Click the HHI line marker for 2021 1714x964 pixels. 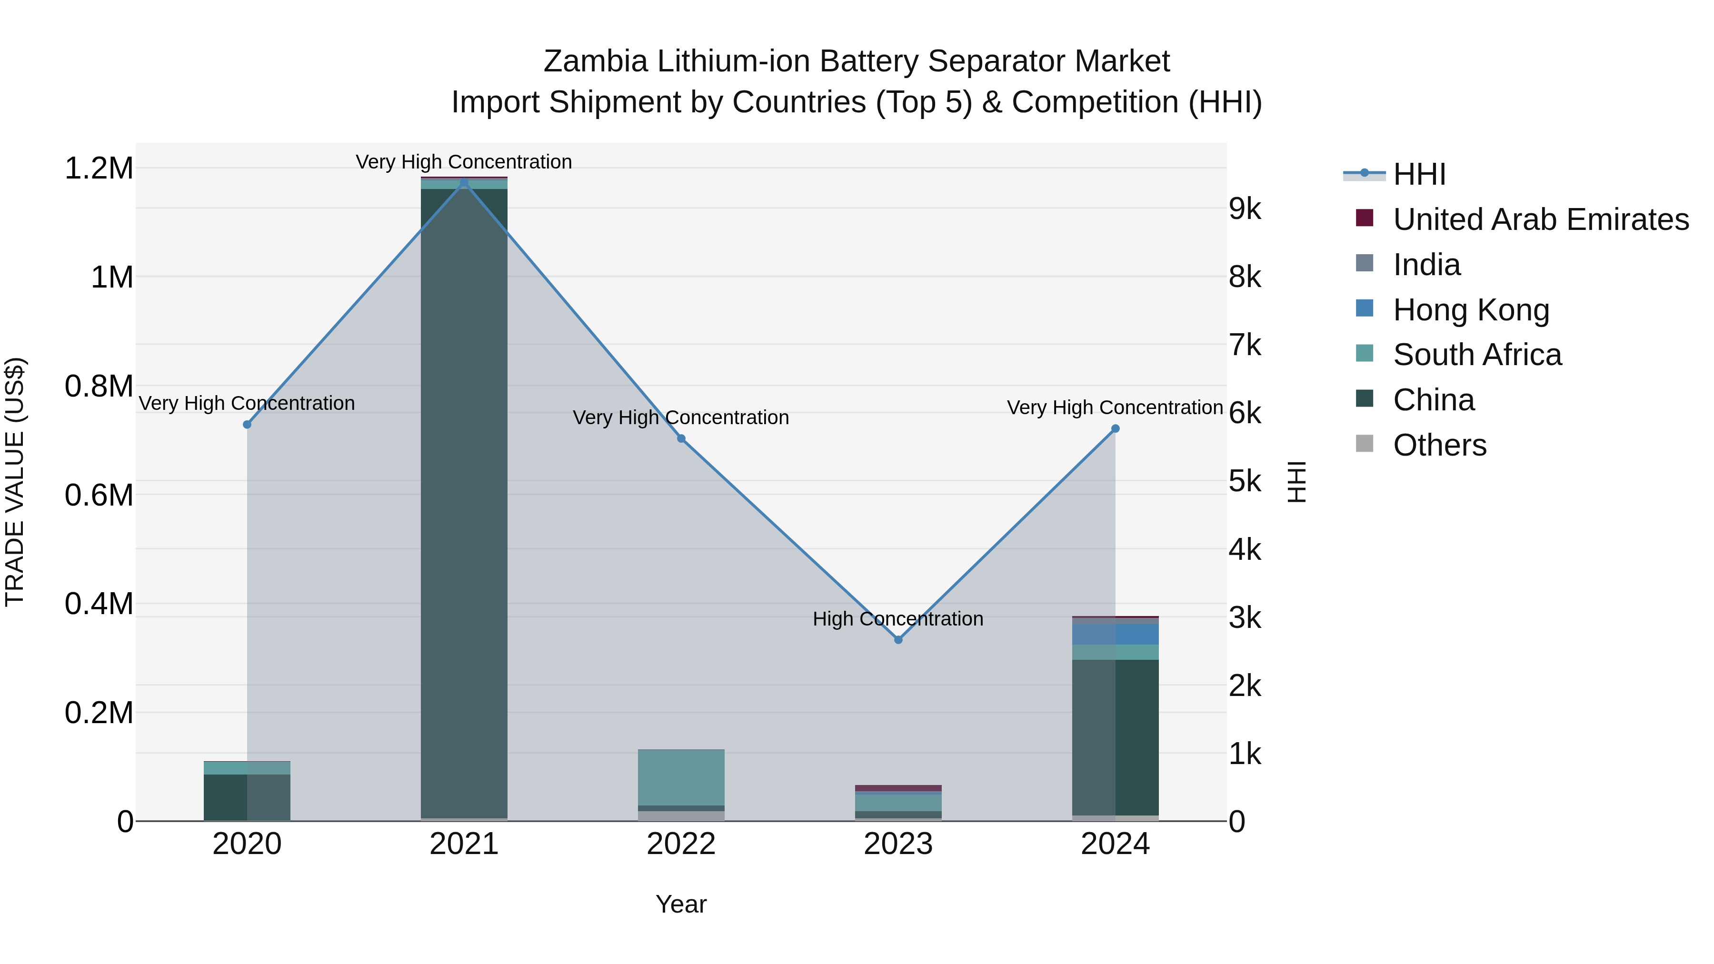point(464,182)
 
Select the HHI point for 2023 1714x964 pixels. point(897,639)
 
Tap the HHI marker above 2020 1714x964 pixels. point(247,425)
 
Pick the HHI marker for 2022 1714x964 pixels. point(681,438)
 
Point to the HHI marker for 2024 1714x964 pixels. point(1115,429)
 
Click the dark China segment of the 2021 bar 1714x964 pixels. point(464,499)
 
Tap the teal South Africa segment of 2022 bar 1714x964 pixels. point(681,777)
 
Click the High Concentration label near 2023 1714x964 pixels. point(897,619)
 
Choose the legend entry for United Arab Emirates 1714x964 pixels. point(1540,219)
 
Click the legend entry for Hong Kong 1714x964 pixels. point(1471,310)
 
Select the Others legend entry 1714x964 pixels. point(1439,445)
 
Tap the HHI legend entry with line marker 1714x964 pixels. point(1419,174)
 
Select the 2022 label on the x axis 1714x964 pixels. point(681,844)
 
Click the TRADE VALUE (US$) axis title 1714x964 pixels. point(15,482)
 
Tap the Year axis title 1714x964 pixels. point(681,904)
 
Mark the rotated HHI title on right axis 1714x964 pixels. point(1296,482)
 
